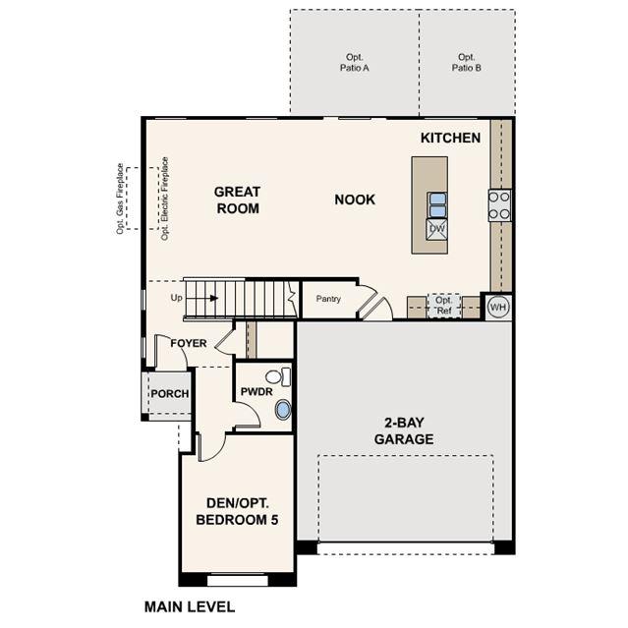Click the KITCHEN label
point(450,138)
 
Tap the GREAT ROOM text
point(238,200)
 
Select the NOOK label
point(355,200)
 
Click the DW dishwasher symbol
point(436,229)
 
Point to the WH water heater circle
point(498,308)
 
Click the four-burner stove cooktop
point(499,205)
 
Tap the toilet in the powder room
point(278,376)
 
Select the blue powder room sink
point(283,409)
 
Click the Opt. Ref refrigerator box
point(444,306)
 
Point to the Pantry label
point(328,299)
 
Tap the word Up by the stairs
point(176,298)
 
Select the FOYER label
point(189,343)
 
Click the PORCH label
point(170,394)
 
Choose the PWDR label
point(257,391)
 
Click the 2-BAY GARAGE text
point(404,430)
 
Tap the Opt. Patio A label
point(355,63)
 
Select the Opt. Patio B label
point(467,63)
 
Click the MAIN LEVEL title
point(190,606)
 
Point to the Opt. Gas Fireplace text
point(120,199)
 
